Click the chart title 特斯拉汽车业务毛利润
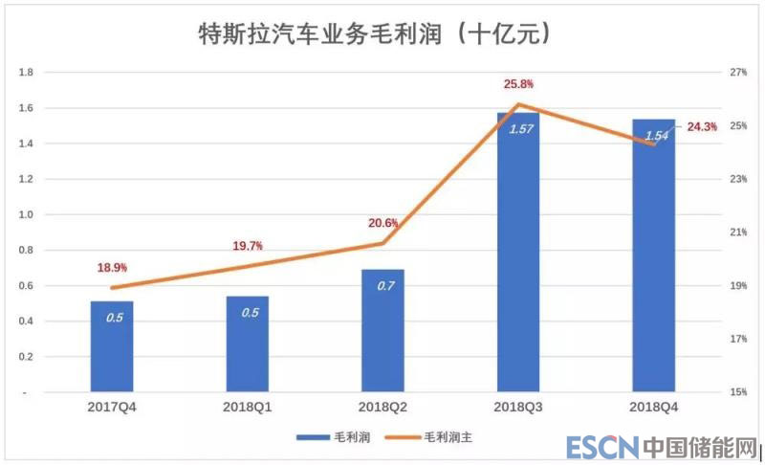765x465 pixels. click(x=364, y=34)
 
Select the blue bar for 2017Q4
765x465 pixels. click(x=112, y=346)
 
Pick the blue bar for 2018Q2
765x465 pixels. click(x=382, y=330)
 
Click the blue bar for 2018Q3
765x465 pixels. click(x=518, y=253)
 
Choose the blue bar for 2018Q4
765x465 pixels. click(x=653, y=255)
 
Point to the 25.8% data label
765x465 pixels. click(x=519, y=85)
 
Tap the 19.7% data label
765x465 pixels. click(x=248, y=247)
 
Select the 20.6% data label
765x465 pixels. click(x=382, y=223)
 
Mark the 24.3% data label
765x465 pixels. click(x=702, y=127)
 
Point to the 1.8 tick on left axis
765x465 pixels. click(x=27, y=73)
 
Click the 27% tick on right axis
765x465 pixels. click(x=737, y=73)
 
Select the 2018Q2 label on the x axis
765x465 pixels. click(x=382, y=408)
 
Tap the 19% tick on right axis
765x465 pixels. click(x=737, y=286)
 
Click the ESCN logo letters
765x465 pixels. click(x=599, y=447)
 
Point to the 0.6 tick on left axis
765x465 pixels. click(x=27, y=286)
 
